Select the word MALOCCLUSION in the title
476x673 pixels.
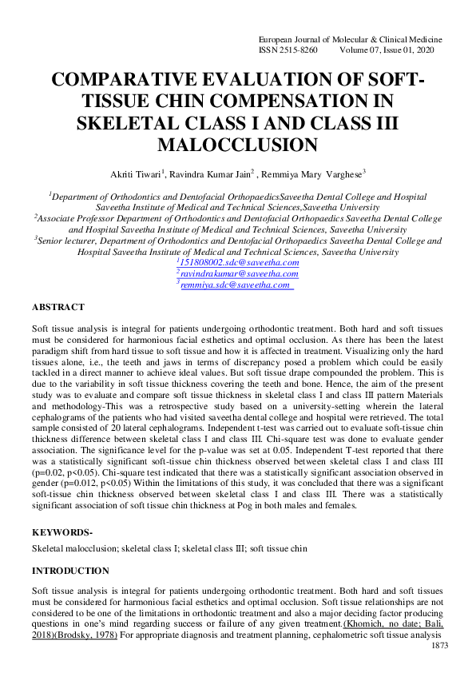point(237,145)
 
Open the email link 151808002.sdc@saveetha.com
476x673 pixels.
point(239,262)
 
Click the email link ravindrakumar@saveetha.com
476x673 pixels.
point(239,273)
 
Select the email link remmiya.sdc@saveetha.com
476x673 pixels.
point(236,285)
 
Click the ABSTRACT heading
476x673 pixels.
point(58,307)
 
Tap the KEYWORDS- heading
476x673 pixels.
point(61,532)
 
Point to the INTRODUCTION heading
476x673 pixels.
point(70,571)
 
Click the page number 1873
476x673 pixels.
point(439,645)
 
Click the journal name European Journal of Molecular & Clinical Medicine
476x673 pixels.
point(351,39)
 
